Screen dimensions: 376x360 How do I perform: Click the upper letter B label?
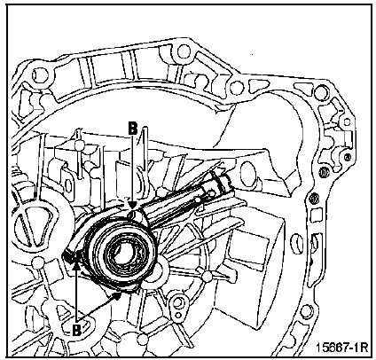[x=133, y=129]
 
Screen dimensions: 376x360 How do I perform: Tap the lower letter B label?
[x=76, y=330]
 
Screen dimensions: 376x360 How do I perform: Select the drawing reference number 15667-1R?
[x=342, y=348]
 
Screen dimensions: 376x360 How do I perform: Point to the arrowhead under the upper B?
[x=133, y=205]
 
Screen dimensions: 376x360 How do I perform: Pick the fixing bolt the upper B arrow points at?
[x=133, y=214]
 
